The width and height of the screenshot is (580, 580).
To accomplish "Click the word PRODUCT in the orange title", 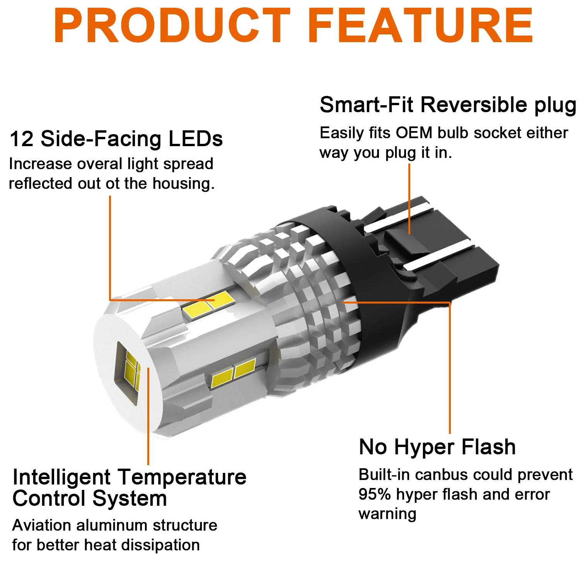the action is (x=172, y=26).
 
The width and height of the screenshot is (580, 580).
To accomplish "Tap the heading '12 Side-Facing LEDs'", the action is (x=116, y=139).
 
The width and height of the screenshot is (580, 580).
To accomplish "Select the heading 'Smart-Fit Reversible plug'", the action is (x=448, y=105).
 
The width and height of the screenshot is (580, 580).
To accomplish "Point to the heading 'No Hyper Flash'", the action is (x=437, y=447).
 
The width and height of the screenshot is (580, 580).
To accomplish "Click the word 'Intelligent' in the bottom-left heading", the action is (x=61, y=477).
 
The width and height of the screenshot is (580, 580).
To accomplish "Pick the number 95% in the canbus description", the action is (x=374, y=495).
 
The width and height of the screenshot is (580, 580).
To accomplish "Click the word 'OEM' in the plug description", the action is (x=414, y=133).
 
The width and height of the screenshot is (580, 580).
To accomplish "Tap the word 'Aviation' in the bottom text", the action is (x=42, y=525).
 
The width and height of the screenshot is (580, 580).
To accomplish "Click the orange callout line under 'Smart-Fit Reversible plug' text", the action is (x=409, y=197).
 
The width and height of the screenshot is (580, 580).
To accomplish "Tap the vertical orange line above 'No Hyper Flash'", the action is (x=450, y=367).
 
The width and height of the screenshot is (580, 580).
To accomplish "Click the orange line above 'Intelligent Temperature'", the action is (x=148, y=418).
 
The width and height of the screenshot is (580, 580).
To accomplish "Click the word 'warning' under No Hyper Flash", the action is (x=387, y=514).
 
